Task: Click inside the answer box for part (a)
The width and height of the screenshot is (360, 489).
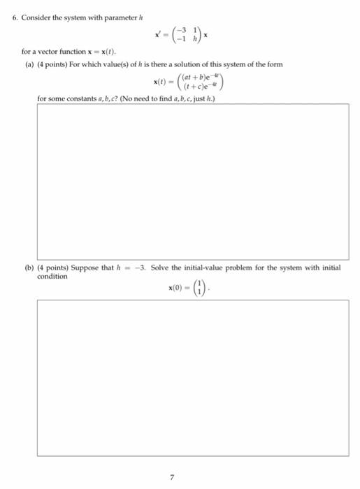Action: click(x=192, y=182)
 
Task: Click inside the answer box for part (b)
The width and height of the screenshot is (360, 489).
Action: click(x=192, y=377)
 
